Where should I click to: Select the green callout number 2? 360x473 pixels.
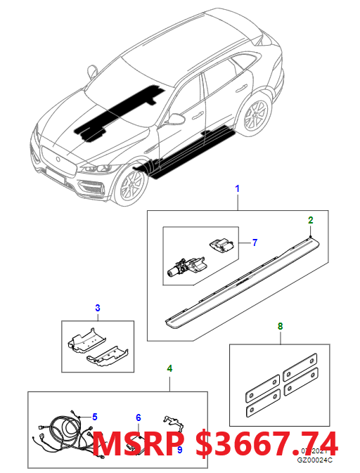click(309, 220)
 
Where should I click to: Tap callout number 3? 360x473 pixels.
click(98, 308)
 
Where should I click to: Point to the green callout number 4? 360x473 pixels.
click(169, 368)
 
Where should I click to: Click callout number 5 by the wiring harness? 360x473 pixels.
click(95, 417)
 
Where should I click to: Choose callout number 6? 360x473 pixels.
click(139, 417)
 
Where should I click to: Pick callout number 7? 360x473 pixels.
click(254, 242)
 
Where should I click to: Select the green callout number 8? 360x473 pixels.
click(281, 325)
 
